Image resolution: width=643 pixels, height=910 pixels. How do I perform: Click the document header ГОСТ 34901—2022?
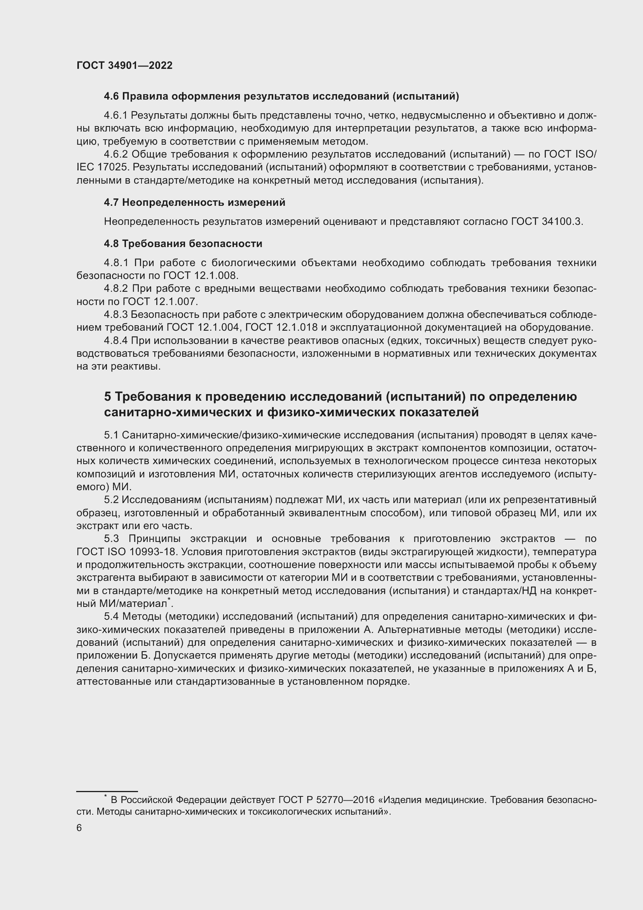click(x=124, y=66)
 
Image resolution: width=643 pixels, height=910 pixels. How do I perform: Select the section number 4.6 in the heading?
click(x=111, y=96)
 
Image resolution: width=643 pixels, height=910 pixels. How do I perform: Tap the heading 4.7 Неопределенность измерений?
click(x=194, y=203)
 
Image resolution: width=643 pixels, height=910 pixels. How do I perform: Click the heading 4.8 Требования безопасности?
click(x=183, y=243)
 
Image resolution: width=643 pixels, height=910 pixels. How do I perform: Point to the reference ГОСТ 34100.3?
click(x=546, y=221)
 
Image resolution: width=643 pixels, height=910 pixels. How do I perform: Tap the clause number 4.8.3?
click(x=115, y=315)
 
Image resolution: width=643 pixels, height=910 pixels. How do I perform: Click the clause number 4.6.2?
click(x=116, y=154)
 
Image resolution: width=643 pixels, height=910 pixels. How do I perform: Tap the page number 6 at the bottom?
click(x=79, y=828)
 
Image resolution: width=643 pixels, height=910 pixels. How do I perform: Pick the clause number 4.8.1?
click(x=116, y=263)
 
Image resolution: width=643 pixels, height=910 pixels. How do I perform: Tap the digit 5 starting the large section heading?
click(x=108, y=397)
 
